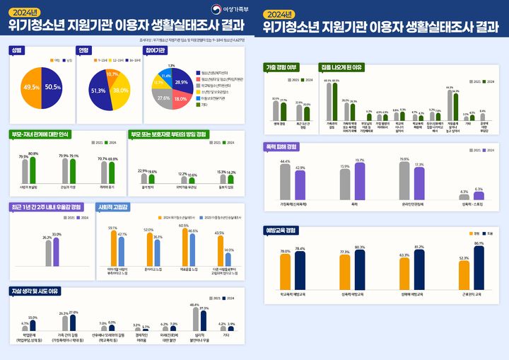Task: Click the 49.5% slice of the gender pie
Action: point(31,87)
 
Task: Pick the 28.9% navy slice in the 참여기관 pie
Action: point(180,82)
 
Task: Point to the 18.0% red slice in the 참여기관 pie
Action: point(180,99)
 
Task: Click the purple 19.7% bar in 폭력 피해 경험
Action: point(360,181)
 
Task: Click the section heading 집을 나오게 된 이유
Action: point(343,67)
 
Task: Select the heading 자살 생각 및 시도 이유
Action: point(35,291)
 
